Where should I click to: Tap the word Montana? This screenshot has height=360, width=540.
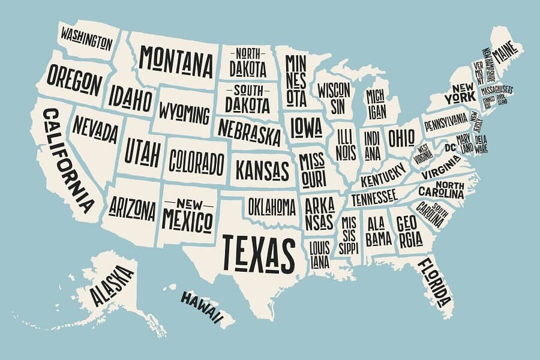coord(176,59)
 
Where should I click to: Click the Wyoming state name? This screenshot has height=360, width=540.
coord(184,112)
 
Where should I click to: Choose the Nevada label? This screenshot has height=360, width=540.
coord(95,130)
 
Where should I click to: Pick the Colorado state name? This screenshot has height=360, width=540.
coord(196,161)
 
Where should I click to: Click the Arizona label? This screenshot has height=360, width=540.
coord(133,207)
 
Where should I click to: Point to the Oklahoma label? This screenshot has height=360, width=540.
coord(272,206)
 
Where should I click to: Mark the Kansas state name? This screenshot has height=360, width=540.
coord(262,169)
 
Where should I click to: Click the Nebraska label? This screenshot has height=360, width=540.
coord(249,132)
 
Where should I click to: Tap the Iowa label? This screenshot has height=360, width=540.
coord(307,126)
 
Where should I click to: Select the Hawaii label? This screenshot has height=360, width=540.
coord(203,305)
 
